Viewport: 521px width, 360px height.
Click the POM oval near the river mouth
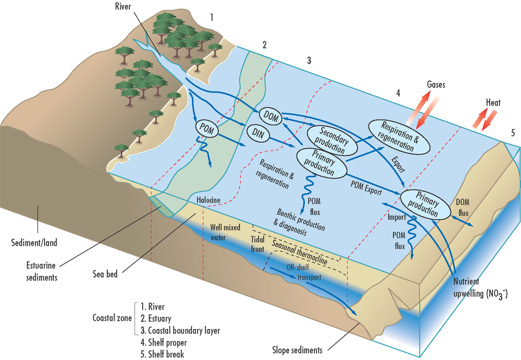207,128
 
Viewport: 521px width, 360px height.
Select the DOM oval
271,116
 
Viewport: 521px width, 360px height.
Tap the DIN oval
258,133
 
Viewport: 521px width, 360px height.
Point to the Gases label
436,84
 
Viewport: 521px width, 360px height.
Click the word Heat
493,103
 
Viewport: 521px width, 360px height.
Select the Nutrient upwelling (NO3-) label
480,288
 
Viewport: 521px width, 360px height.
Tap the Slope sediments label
297,350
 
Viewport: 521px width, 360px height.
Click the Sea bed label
105,274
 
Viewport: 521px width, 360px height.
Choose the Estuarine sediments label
41,272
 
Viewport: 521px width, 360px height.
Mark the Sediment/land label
34,243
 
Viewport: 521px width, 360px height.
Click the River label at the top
123,7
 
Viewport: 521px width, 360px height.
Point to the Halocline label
208,200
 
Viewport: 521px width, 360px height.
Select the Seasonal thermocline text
299,252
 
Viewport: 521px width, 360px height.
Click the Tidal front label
257,244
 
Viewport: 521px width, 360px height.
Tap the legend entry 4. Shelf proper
164,342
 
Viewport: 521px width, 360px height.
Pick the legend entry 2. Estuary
156,318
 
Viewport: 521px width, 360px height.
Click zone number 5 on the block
513,133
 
